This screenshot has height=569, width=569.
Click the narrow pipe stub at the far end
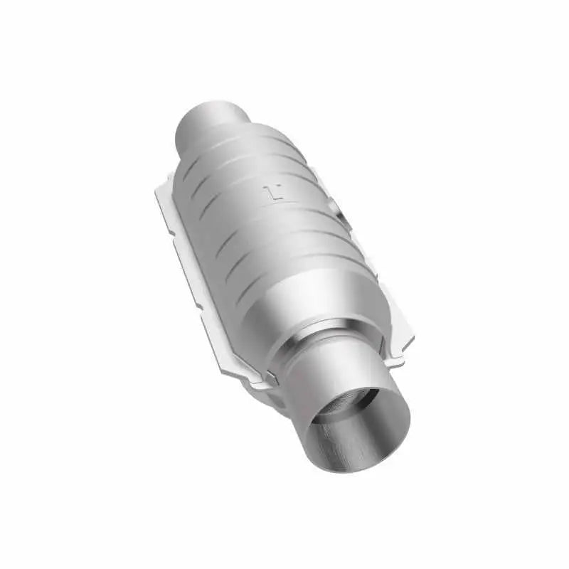tap(211, 122)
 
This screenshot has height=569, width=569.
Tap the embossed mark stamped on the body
tap(272, 191)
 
